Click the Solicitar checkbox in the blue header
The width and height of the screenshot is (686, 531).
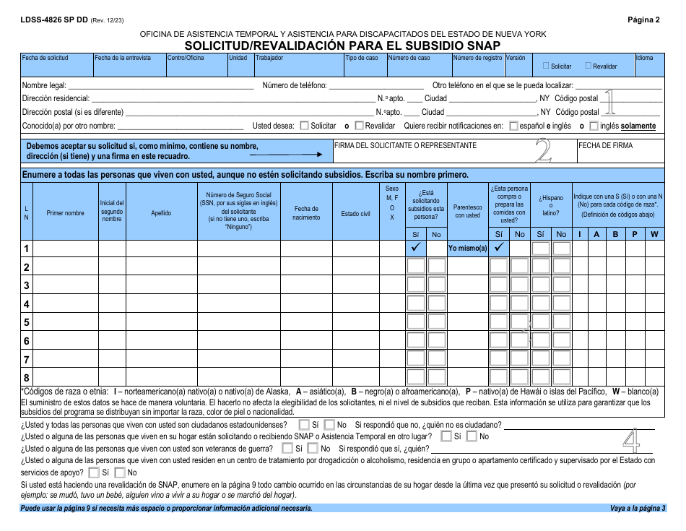click(546, 66)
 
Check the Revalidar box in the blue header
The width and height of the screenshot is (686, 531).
click(588, 66)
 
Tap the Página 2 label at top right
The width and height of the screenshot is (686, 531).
click(643, 20)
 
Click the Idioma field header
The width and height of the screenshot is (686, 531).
click(644, 58)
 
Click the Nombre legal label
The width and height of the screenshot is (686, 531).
click(44, 85)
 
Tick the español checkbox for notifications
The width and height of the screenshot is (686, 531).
click(513, 126)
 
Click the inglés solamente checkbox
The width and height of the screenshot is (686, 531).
click(594, 126)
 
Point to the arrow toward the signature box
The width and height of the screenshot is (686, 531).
click(285, 154)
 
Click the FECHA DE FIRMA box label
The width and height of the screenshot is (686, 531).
click(605, 145)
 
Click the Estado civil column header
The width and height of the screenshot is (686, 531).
click(355, 214)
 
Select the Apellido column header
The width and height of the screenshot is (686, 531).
click(161, 214)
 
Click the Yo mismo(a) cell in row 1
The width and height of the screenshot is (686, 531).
click(467, 248)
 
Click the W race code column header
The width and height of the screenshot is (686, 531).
click(654, 234)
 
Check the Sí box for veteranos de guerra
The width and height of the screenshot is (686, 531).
click(289, 449)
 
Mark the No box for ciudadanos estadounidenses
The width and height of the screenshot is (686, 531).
click(329, 425)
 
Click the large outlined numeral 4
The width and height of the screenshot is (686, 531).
click(633, 442)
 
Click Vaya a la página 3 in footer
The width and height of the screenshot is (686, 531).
click(637, 509)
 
